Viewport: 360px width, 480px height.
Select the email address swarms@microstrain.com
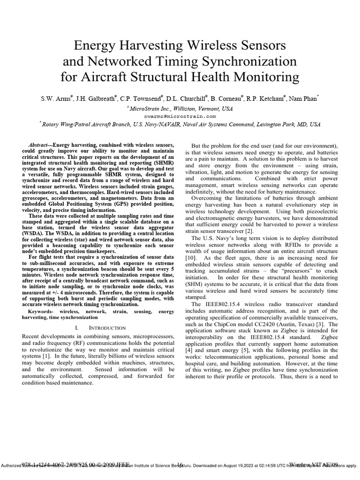(180, 116)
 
